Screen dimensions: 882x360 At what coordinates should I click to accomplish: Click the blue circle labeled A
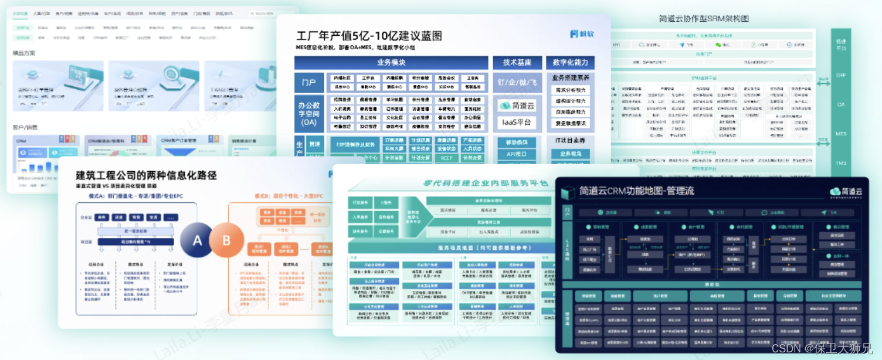197,240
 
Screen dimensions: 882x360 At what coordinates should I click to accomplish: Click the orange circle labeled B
226,240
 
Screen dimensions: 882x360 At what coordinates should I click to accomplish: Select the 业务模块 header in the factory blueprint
391,63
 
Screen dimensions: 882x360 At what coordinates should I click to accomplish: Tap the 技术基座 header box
517,63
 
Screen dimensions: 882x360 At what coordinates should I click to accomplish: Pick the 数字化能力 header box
569,63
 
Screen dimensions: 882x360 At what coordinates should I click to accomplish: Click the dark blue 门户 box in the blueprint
309,83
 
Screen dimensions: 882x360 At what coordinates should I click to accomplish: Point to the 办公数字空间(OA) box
309,113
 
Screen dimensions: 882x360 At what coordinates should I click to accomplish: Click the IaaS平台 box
517,122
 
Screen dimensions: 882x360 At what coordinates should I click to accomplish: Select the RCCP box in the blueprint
446,158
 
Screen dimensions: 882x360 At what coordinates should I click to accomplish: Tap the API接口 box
517,154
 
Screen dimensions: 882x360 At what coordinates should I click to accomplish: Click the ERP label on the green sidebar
840,76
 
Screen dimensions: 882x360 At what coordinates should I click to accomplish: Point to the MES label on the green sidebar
840,134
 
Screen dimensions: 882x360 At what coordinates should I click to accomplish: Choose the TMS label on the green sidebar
840,164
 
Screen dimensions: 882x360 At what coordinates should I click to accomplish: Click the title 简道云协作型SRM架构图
704,19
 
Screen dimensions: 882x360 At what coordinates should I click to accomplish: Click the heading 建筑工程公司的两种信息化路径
147,175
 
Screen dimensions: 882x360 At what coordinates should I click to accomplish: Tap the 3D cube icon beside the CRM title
567,192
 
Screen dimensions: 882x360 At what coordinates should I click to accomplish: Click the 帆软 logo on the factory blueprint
582,34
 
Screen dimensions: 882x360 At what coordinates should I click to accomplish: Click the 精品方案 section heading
24,53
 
